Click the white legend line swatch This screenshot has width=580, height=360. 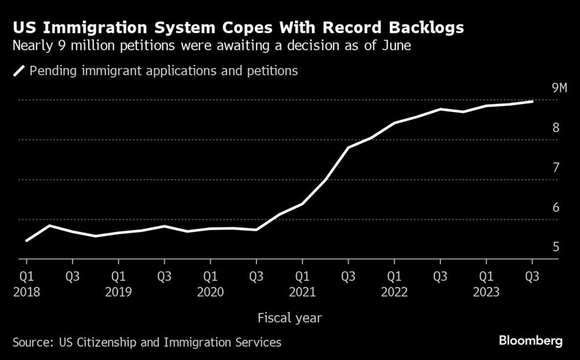[19, 71]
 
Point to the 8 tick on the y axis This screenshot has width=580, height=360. [556, 128]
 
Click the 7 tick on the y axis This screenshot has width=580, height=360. [556, 168]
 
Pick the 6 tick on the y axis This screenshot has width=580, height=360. [556, 208]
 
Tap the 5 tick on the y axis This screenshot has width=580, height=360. [556, 248]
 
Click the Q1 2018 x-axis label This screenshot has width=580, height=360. [26, 283]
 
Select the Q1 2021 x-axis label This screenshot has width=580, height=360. [302, 283]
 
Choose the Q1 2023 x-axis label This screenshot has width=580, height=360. [486, 283]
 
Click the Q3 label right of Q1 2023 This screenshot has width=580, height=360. [532, 276]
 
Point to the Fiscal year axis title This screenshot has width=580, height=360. [289, 318]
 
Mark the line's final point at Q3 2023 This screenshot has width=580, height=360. [532, 101]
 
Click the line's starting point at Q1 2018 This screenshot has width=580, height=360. [26, 241]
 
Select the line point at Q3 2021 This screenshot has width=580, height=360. [348, 147]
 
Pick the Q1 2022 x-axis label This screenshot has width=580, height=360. [394, 283]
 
